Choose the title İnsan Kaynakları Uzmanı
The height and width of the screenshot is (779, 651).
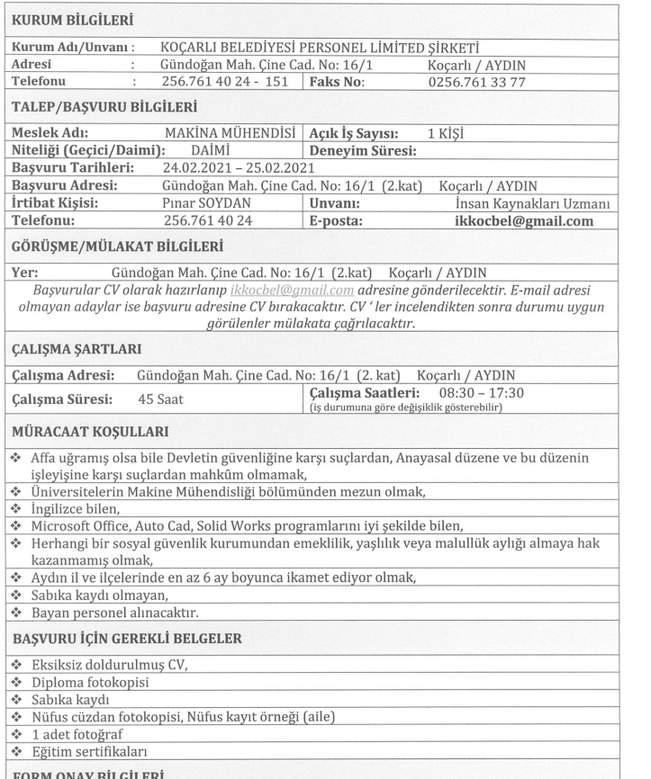[535, 202]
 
